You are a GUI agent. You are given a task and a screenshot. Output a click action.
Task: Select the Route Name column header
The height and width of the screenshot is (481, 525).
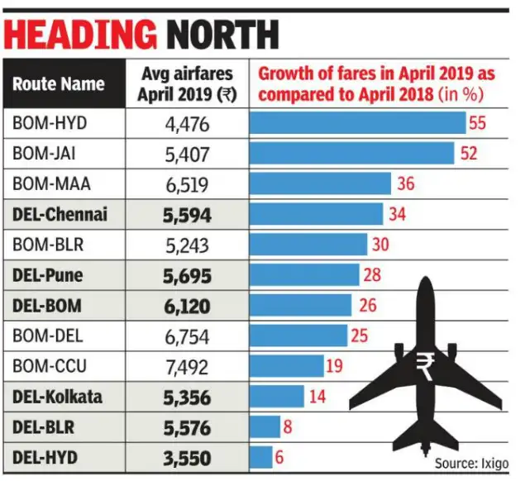pyautogui.click(x=58, y=83)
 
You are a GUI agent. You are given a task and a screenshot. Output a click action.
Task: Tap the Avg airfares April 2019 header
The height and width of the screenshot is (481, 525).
pyautogui.click(x=189, y=83)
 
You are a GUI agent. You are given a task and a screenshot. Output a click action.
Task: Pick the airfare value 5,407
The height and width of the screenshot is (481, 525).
pyautogui.click(x=189, y=154)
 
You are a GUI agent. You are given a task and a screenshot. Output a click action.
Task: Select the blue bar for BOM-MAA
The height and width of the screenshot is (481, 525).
pyautogui.click(x=320, y=183)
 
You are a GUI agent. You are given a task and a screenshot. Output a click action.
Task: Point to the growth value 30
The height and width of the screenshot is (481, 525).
pyautogui.click(x=382, y=245)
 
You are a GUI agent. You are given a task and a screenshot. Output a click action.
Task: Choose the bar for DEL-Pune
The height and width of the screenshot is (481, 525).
pyautogui.click(x=304, y=275)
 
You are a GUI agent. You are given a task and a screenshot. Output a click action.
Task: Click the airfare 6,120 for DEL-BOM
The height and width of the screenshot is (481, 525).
pyautogui.click(x=189, y=306)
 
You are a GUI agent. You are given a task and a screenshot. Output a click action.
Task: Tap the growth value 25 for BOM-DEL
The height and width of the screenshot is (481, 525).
pyautogui.click(x=362, y=336)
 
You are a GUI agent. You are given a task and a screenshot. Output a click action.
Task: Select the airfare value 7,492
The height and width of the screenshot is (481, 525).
pyautogui.click(x=189, y=366)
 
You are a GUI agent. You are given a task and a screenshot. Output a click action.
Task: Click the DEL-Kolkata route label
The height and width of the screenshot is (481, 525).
pyautogui.click(x=58, y=397)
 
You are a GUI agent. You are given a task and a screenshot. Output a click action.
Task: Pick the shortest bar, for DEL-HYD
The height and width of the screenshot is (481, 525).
pyautogui.click(x=261, y=457)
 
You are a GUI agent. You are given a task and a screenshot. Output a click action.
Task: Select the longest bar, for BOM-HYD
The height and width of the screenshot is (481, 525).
pyautogui.click(x=358, y=123)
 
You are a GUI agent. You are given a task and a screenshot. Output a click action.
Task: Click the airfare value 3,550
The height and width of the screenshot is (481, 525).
pyautogui.click(x=189, y=457)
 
